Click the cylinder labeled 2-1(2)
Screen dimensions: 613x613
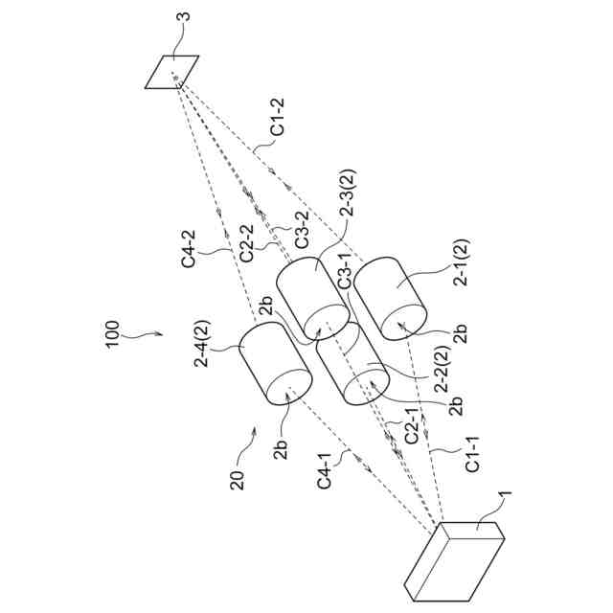(x=391, y=297)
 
